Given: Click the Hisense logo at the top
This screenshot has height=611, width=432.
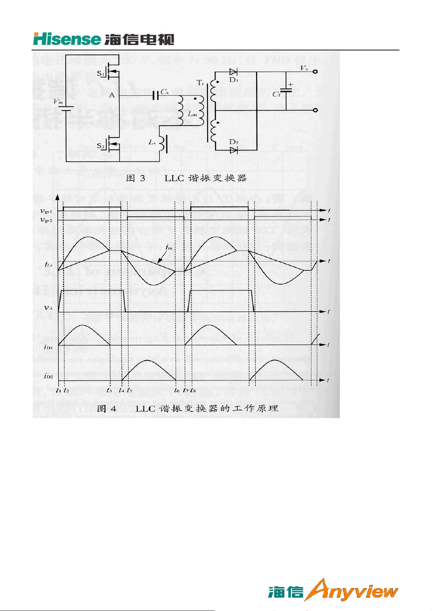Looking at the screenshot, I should pyautogui.click(x=103, y=39).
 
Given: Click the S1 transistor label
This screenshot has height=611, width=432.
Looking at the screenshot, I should pyautogui.click(x=101, y=74).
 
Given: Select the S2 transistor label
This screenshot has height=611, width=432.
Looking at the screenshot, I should pyautogui.click(x=101, y=146).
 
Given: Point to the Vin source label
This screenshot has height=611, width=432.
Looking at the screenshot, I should pyautogui.click(x=58, y=102).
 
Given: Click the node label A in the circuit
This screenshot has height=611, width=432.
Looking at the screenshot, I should pyautogui.click(x=112, y=95).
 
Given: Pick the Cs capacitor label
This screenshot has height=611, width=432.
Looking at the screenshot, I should pyautogui.click(x=165, y=92).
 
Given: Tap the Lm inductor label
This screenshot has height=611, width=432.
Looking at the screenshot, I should pyautogui.click(x=192, y=114).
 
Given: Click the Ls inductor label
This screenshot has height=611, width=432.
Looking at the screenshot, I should pyautogui.click(x=152, y=142).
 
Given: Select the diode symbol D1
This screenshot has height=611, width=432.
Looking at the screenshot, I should pyautogui.click(x=234, y=72).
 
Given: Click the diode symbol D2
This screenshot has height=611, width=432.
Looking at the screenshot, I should pyautogui.click(x=234, y=150).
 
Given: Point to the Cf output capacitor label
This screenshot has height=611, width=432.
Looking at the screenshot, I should pyautogui.click(x=276, y=94).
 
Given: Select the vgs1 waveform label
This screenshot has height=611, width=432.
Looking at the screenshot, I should pyautogui.click(x=46, y=211).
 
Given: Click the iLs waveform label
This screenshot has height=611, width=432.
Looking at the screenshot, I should pyautogui.click(x=49, y=264).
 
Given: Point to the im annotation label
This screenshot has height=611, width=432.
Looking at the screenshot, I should pyautogui.click(x=169, y=248).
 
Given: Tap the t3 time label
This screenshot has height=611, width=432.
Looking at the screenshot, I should pyautogui.click(x=109, y=390).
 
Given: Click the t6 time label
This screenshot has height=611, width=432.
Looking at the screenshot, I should pyautogui.click(x=177, y=390).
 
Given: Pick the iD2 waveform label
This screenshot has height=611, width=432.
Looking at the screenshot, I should pyautogui.click(x=49, y=376).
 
